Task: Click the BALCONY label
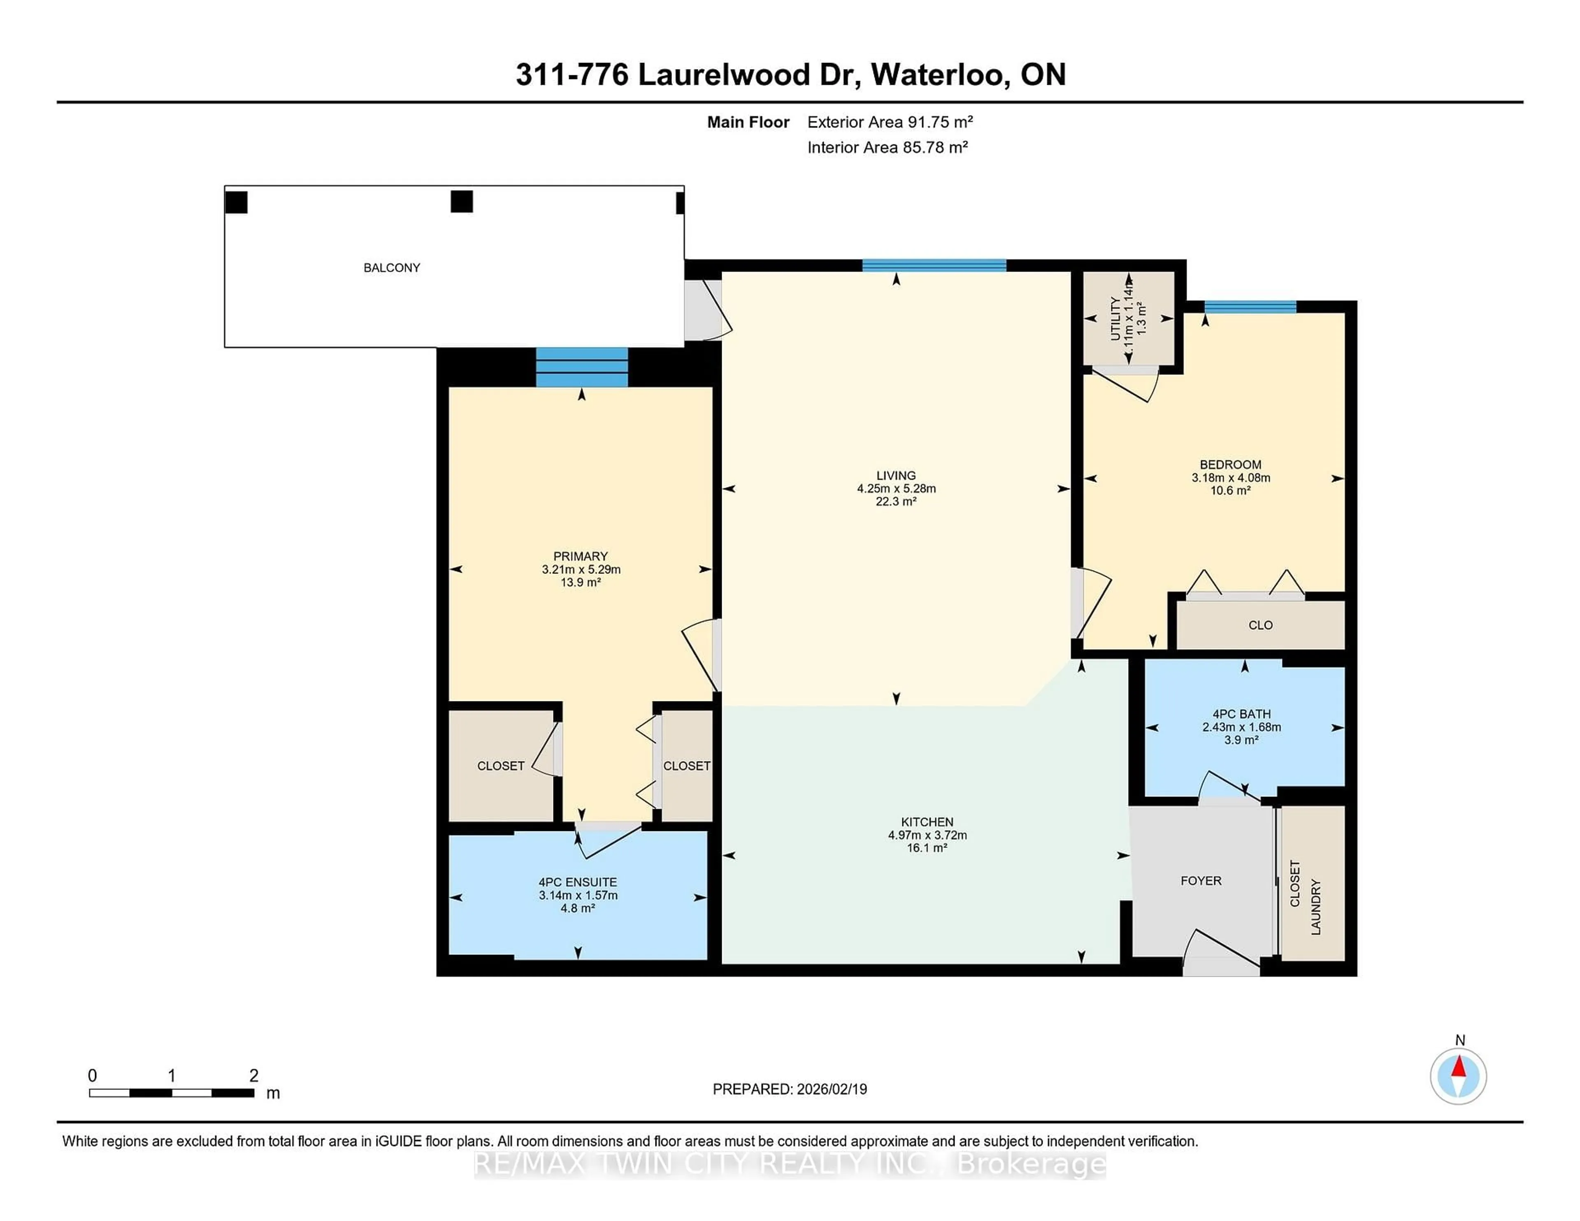391,268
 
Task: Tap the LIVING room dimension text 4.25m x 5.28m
896,488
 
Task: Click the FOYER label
1201,880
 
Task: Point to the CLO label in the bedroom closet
1260,625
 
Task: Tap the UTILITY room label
1115,318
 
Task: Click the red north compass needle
1459,1067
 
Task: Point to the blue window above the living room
933,265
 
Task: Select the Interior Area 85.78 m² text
887,148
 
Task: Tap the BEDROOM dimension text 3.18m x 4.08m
1231,477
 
